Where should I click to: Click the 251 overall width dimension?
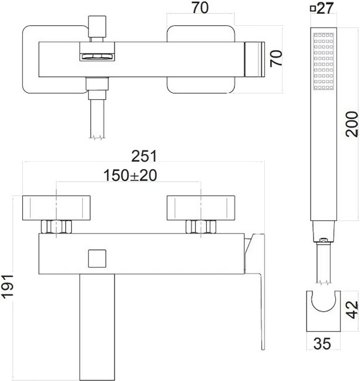tap(144, 156)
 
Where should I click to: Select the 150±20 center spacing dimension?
tap(130, 175)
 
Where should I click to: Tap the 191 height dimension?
tap(7, 287)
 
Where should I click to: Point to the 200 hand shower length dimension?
tap(352, 124)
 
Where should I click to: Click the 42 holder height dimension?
tap(352, 310)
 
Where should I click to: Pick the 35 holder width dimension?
tap(322, 343)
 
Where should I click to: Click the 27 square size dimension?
tap(325, 8)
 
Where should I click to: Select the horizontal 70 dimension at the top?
tap(200, 8)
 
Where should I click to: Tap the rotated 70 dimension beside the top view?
tap(277, 58)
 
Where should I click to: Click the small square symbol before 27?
tap(313, 9)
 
